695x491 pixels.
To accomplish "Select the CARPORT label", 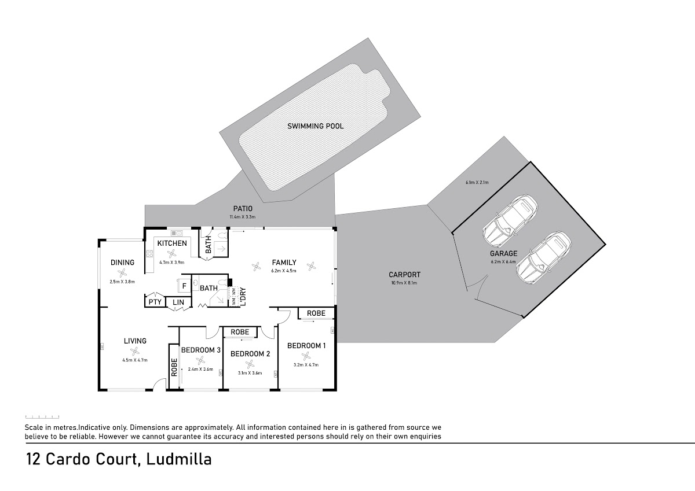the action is (x=404, y=275).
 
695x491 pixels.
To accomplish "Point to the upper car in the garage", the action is (x=510, y=220).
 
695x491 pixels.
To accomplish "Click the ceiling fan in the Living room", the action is (x=134, y=351).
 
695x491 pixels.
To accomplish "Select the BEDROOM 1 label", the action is (x=306, y=346).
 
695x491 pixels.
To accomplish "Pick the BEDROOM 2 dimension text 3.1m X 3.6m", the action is (x=250, y=373).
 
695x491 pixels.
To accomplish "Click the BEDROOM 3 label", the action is (x=200, y=350).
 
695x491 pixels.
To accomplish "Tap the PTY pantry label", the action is (x=155, y=302).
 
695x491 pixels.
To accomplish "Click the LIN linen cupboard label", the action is (x=178, y=302).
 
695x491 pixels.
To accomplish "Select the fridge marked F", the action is (x=184, y=286).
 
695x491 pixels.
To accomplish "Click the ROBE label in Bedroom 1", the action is (x=316, y=313).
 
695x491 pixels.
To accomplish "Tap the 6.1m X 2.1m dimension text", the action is (x=477, y=183).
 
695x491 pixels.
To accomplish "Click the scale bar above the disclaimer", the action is (x=42, y=416).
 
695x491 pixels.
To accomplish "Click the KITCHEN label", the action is (x=172, y=243).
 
